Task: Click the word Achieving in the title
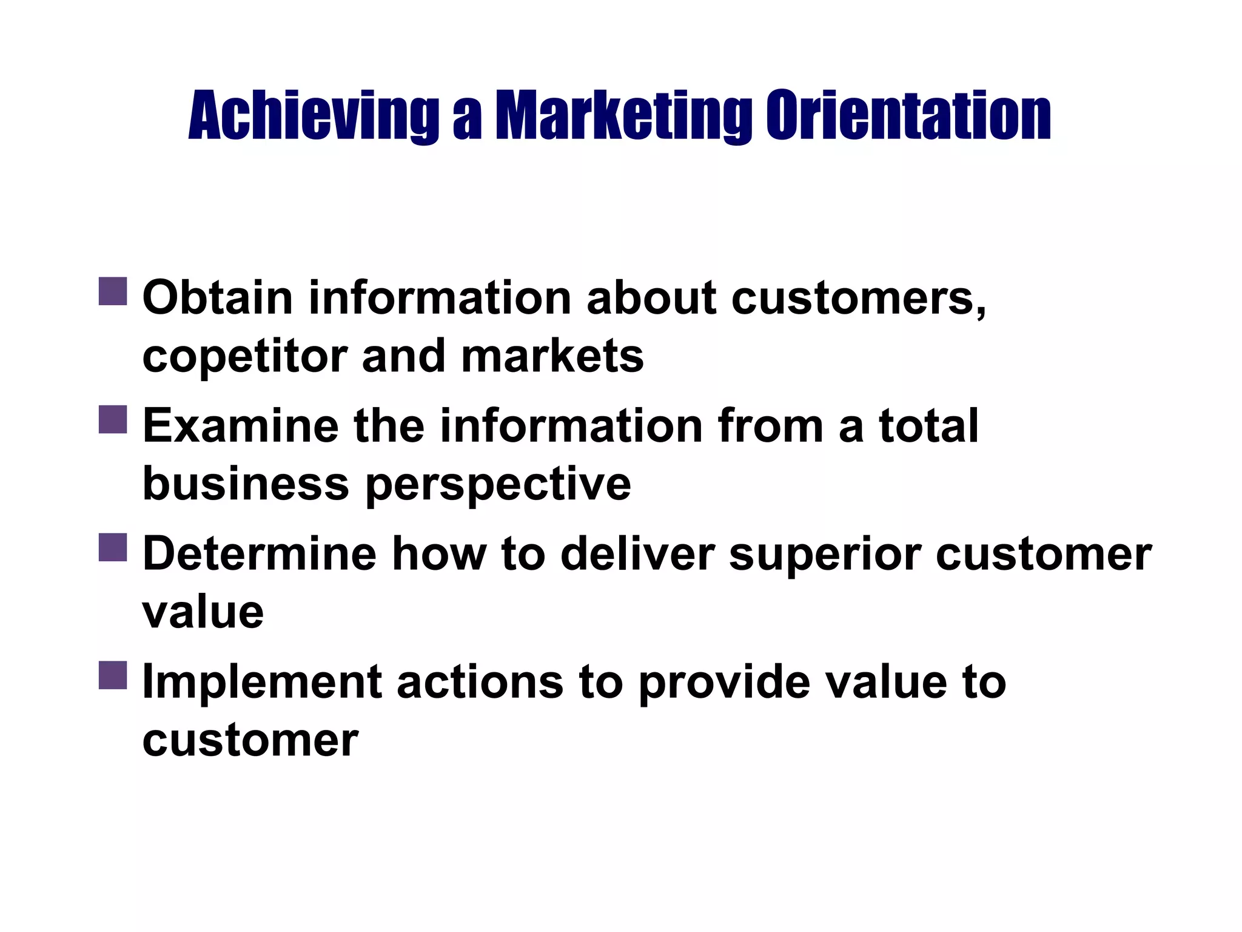314,115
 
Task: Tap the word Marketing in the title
624,115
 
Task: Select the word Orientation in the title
908,115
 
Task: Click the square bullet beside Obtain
113,291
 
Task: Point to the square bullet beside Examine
113,420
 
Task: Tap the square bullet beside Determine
113,547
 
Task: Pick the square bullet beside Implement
113,675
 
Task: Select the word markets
552,356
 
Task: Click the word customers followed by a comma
858,299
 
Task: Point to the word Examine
240,426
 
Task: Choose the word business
246,484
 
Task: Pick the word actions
480,682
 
